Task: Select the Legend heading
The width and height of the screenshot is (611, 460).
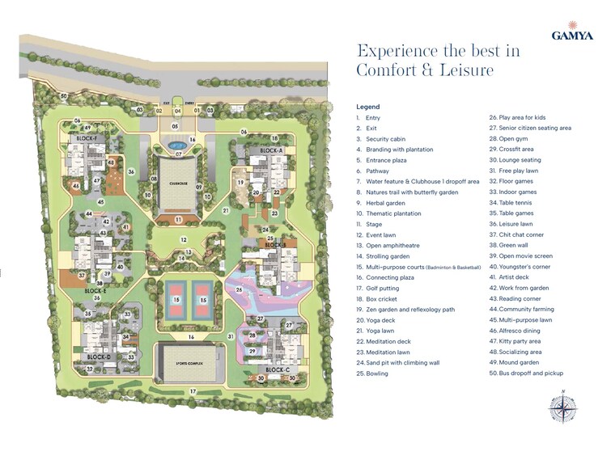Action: pos(367,107)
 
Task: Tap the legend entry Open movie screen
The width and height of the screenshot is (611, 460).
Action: pos(528,255)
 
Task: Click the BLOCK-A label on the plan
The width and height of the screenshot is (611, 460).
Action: pos(271,151)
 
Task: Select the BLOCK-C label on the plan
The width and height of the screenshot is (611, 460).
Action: pos(278,369)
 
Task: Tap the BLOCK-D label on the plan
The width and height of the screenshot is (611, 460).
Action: pos(98,357)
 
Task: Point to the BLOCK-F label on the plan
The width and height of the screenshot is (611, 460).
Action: pos(87,138)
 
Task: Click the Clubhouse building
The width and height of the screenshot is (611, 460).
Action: pos(180,183)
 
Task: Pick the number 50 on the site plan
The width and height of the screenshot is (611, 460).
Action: pos(63,96)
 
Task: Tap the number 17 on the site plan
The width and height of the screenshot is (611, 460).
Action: pos(193,392)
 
